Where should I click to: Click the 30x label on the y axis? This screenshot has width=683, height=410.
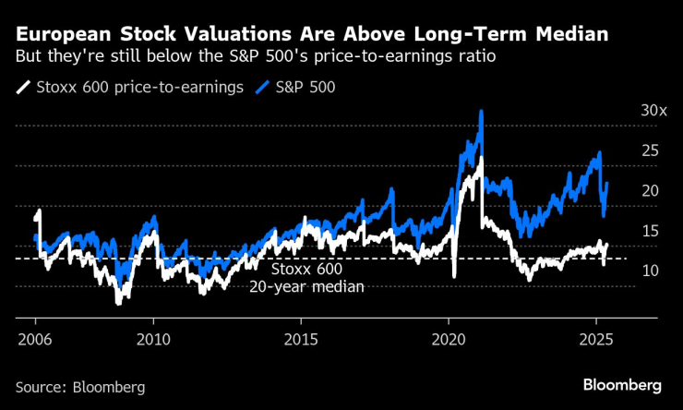(x=653, y=110)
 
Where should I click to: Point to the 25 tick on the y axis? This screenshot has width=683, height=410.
(x=651, y=150)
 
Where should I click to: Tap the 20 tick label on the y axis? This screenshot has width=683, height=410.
(x=651, y=190)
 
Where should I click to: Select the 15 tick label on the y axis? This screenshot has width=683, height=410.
(x=651, y=230)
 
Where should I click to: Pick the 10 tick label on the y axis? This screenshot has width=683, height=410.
(x=651, y=271)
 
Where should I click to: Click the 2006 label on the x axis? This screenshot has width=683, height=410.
(x=34, y=338)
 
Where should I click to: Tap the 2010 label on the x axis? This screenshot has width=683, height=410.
(x=152, y=338)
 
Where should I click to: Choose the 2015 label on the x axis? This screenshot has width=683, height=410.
(x=300, y=338)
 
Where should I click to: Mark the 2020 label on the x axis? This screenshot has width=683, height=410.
(x=448, y=338)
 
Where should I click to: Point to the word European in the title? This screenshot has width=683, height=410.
(x=61, y=34)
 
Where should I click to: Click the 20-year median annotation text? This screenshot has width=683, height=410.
(x=306, y=286)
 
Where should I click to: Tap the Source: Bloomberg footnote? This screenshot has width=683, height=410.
(x=80, y=387)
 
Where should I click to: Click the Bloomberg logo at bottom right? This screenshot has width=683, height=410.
(x=622, y=384)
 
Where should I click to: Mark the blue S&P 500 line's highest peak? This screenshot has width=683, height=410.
(x=481, y=113)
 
